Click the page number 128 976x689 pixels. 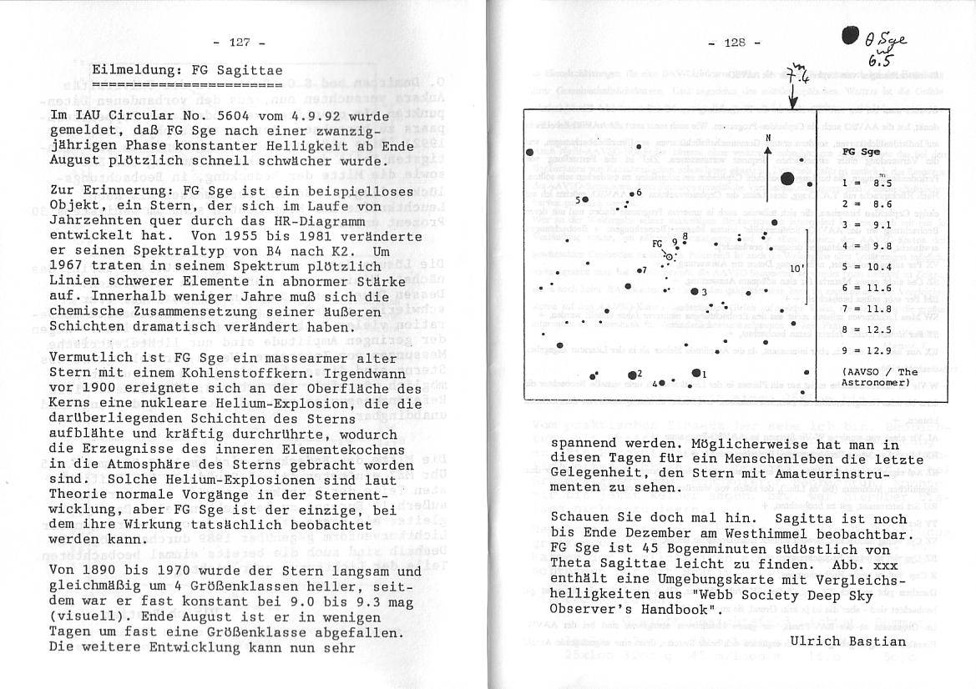click(x=734, y=43)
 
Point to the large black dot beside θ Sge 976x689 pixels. click(x=850, y=35)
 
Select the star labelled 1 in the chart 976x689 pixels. click(x=695, y=373)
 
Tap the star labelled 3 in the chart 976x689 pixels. click(x=694, y=291)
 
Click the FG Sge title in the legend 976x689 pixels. click(x=861, y=152)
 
